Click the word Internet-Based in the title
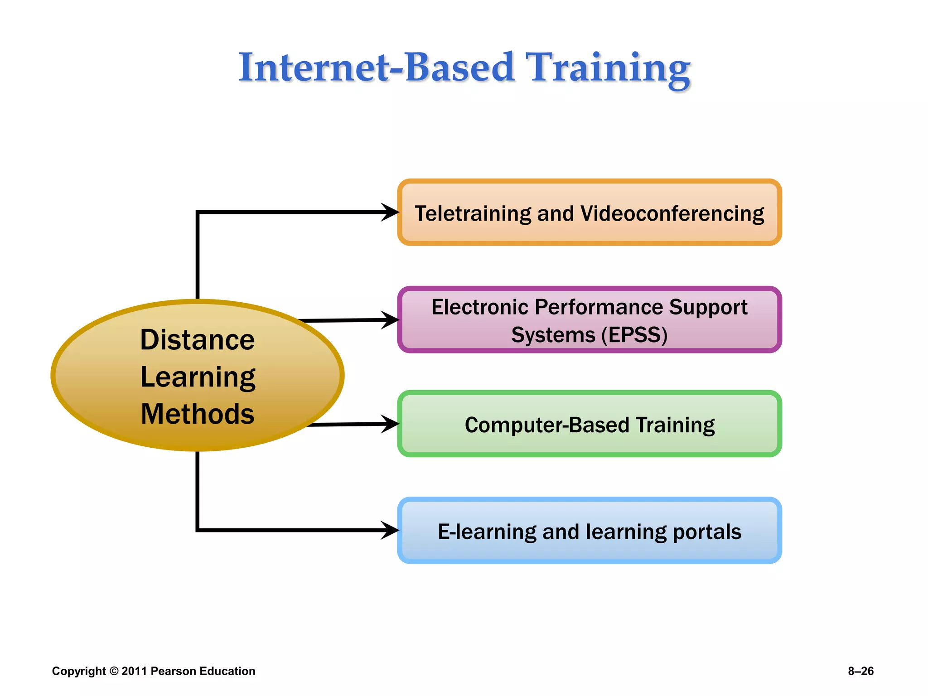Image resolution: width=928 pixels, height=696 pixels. [376, 68]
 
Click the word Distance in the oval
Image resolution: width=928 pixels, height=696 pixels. [198, 340]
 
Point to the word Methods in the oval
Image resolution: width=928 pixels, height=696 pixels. [198, 414]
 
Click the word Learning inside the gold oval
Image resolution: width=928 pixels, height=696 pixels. [198, 377]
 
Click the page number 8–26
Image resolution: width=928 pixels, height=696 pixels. [860, 671]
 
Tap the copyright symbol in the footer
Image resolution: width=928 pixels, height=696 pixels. [114, 671]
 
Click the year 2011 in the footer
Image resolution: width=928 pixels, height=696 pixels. [134, 671]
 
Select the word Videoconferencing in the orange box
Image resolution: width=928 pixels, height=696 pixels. [672, 214]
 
